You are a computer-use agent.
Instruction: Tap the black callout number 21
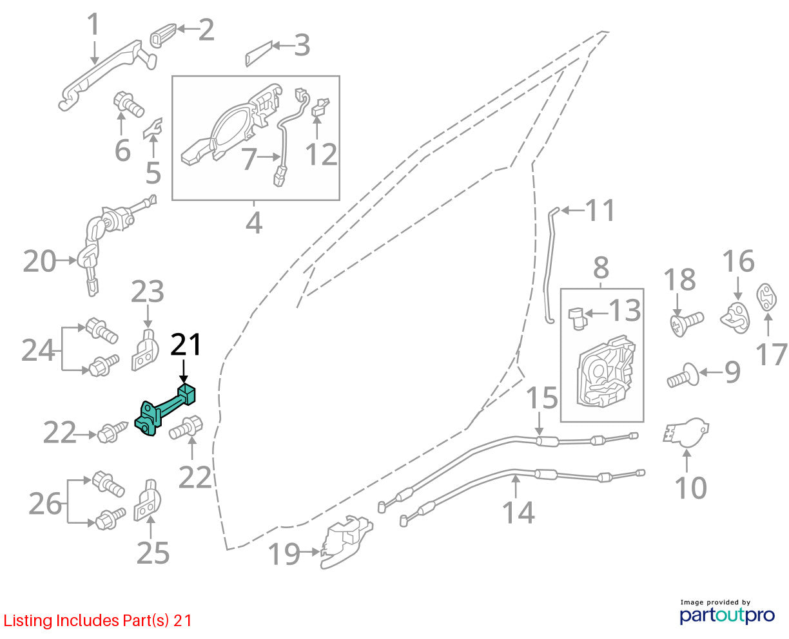[x=186, y=345]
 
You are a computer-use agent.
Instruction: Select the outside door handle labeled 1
[x=108, y=74]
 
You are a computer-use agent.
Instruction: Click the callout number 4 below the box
[x=254, y=224]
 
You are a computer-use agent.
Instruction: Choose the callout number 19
[x=284, y=554]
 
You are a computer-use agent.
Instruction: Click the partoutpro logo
[x=727, y=615]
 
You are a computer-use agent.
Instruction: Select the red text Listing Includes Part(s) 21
[x=97, y=620]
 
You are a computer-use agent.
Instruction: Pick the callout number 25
[x=153, y=553]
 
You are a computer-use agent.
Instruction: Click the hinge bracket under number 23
[x=145, y=350]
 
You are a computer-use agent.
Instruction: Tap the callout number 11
[x=600, y=210]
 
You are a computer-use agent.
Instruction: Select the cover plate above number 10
[x=686, y=432]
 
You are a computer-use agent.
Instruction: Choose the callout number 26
[x=45, y=504]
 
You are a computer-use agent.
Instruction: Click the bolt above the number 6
[x=128, y=104]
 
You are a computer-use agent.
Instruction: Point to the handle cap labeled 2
[x=163, y=35]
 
